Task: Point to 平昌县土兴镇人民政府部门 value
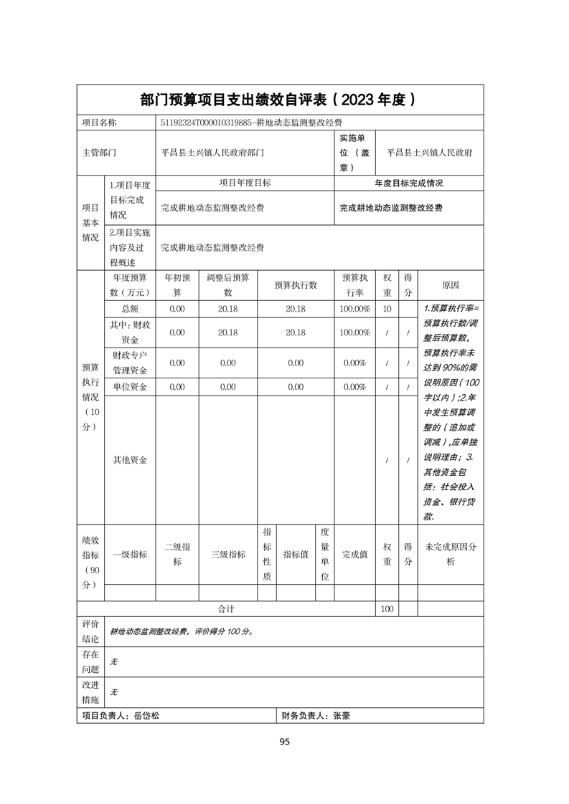click(212, 153)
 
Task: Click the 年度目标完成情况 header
click(409, 183)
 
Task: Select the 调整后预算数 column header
click(227, 284)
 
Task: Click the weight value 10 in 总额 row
click(387, 308)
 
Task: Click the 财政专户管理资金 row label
click(130, 363)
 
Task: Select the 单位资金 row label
click(130, 387)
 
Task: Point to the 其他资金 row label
click(130, 460)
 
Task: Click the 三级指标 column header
click(227, 555)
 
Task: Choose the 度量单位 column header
click(324, 555)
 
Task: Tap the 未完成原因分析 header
click(451, 555)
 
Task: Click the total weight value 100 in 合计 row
click(387, 609)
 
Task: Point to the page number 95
click(284, 742)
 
